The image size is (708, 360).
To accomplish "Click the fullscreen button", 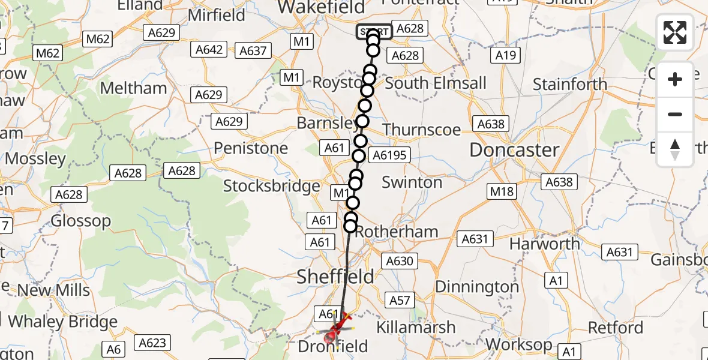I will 675,32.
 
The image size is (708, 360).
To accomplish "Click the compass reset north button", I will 675,149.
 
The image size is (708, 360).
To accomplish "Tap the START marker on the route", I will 374,32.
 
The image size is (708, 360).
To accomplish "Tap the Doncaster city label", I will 514,150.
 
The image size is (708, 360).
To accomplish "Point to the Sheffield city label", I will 336,277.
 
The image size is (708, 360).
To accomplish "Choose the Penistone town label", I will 251,148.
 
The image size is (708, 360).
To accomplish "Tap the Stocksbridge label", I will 271,186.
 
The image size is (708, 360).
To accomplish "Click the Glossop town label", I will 80,221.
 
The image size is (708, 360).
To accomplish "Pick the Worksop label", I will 520,345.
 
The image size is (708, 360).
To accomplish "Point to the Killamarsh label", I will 416,328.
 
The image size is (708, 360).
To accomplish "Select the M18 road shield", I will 502,191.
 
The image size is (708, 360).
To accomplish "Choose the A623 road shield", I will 152,343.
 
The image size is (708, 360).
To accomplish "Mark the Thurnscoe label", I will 421,130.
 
